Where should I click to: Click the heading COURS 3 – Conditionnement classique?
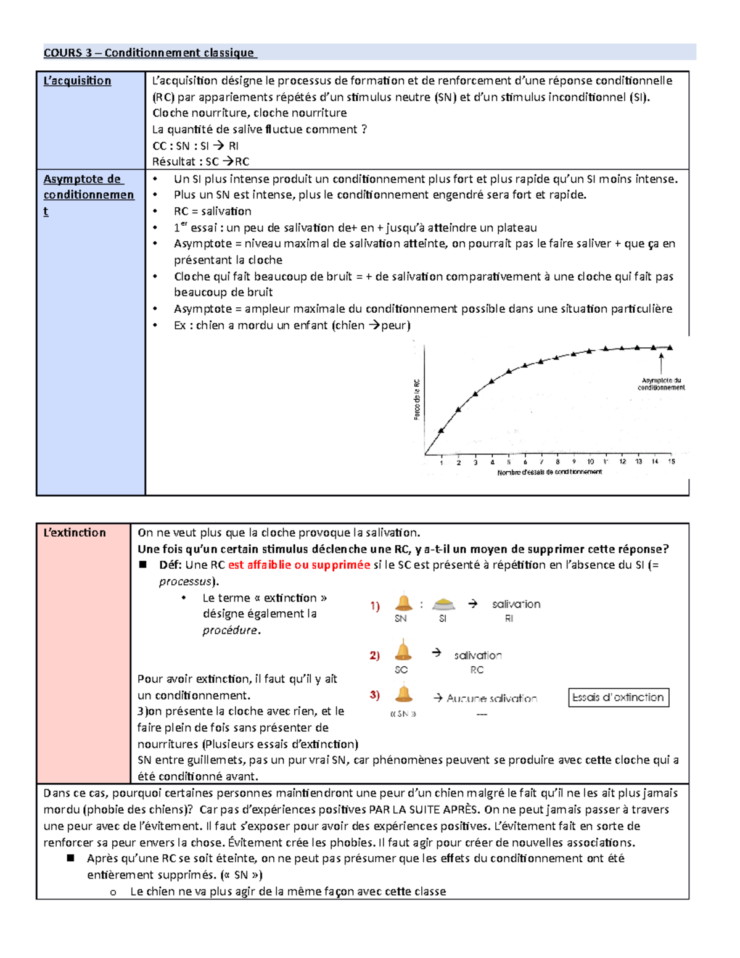click(149, 53)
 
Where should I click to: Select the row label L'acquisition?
click(77, 81)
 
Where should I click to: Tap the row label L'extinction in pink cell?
click(75, 532)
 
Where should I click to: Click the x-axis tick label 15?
click(671, 461)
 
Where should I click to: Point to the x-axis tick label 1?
click(442, 462)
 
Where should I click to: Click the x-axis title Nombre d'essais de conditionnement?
click(549, 472)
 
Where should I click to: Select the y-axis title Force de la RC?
click(417, 400)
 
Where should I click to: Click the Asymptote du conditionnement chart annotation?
click(661, 384)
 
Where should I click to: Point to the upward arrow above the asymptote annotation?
click(661, 363)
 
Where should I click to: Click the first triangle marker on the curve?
click(441, 430)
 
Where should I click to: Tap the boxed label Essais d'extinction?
click(618, 698)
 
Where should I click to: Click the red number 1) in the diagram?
click(375, 606)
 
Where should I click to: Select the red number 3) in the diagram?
click(375, 695)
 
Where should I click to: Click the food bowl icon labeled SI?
click(443, 604)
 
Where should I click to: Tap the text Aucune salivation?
click(491, 698)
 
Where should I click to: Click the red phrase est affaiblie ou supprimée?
click(298, 565)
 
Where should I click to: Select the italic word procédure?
click(231, 630)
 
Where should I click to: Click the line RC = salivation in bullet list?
click(212, 211)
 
